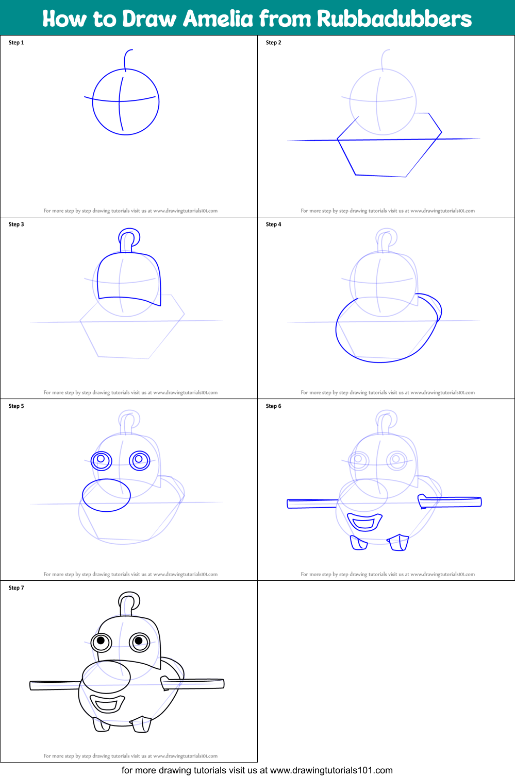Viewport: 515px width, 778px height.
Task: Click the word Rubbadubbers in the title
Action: coord(394,19)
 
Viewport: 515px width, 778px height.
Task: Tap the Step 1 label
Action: coord(16,43)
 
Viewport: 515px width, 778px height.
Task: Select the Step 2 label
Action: coord(274,43)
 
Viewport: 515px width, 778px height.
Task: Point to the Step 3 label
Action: coord(16,224)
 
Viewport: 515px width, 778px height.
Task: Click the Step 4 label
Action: coord(274,224)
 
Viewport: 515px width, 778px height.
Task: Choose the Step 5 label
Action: coord(16,406)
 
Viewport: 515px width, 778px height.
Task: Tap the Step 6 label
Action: coord(274,406)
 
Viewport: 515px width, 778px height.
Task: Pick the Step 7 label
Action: coord(16,588)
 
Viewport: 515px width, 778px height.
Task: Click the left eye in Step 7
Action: coord(101,641)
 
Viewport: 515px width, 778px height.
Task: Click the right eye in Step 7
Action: coord(139,642)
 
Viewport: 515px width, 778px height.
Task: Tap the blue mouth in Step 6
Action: coord(364,522)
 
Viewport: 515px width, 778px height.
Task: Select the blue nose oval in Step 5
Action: coord(106,495)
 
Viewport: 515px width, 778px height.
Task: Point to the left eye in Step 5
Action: coord(102,459)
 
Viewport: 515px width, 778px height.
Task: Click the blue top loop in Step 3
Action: coord(129,238)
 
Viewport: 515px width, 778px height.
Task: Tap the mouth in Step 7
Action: coord(107,703)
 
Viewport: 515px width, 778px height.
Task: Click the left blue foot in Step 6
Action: coord(358,543)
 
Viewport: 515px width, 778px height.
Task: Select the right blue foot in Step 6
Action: coord(398,542)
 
